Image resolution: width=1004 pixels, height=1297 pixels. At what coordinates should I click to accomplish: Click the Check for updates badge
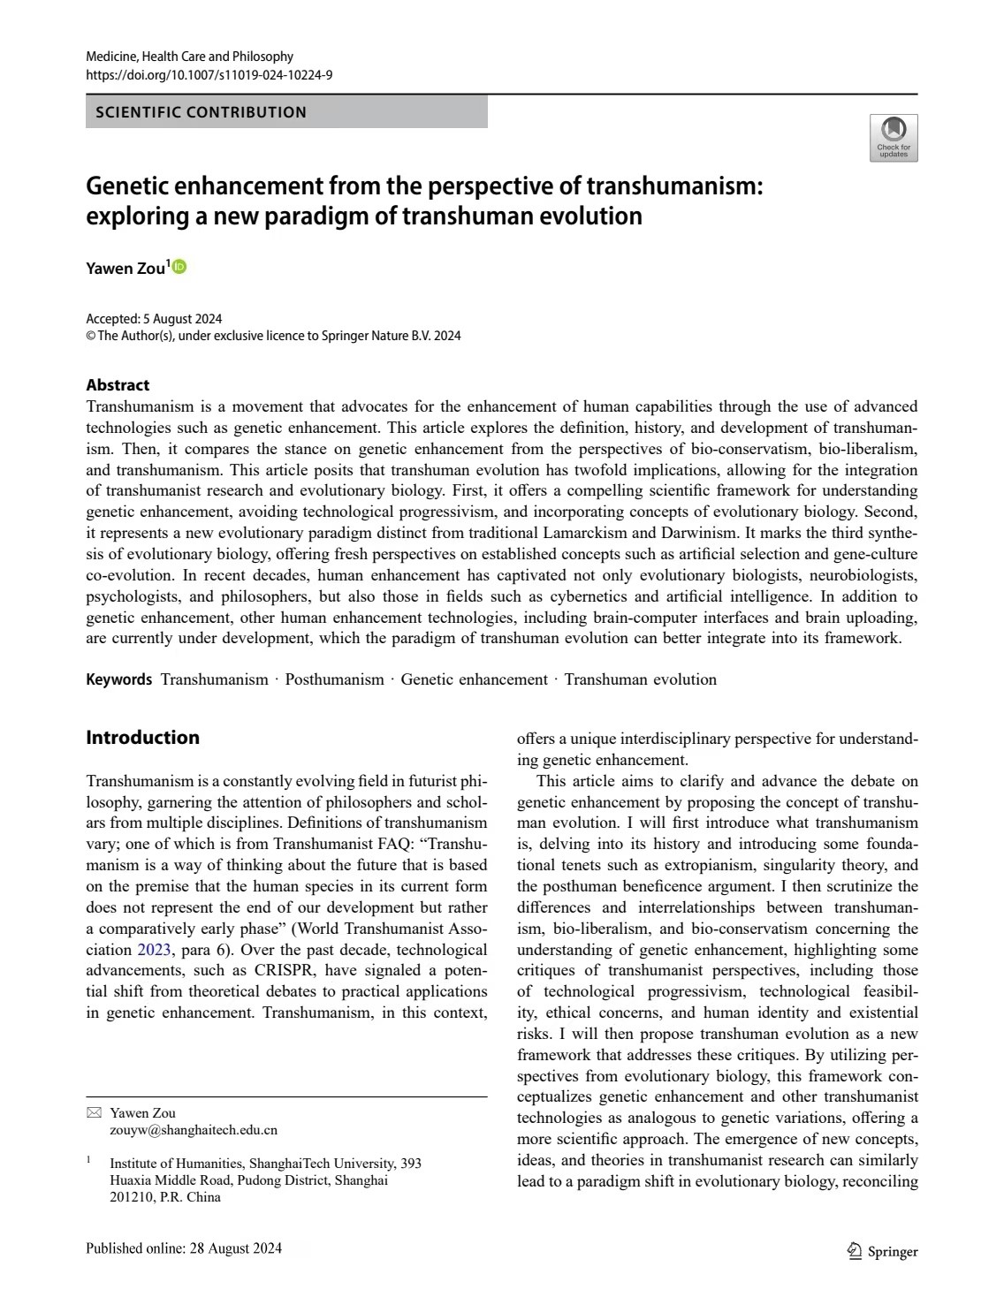click(x=894, y=138)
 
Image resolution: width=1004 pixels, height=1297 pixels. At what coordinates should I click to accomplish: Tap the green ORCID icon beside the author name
click(x=179, y=267)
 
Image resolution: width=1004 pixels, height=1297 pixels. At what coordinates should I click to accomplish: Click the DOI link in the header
click(x=209, y=75)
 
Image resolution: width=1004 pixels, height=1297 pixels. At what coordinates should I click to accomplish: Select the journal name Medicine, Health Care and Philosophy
click(x=189, y=57)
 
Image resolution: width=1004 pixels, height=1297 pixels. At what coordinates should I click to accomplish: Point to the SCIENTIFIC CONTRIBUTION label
click(x=201, y=112)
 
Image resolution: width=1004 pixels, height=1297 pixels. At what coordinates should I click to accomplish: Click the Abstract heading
click(x=118, y=385)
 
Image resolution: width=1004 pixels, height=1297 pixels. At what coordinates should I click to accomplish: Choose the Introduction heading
click(x=142, y=738)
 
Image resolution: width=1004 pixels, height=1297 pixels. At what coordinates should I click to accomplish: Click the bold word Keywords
click(x=118, y=679)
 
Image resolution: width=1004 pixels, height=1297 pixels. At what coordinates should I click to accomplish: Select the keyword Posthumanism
click(x=334, y=679)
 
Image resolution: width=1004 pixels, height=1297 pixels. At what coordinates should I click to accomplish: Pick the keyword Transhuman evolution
click(x=640, y=679)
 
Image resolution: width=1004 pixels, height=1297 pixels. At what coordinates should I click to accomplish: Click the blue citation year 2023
click(x=154, y=950)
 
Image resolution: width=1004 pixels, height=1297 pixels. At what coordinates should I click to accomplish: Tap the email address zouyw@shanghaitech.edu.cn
click(x=194, y=1130)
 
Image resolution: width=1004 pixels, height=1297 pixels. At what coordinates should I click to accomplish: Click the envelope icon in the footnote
click(x=95, y=1113)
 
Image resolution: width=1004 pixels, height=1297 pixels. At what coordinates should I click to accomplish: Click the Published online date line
click(x=184, y=1248)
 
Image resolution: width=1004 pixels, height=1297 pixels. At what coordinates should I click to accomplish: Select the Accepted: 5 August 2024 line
click(x=154, y=319)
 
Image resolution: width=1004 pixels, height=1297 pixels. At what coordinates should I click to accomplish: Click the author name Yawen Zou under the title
click(x=125, y=269)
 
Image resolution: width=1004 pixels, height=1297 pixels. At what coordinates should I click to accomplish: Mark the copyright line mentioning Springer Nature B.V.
click(x=273, y=336)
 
